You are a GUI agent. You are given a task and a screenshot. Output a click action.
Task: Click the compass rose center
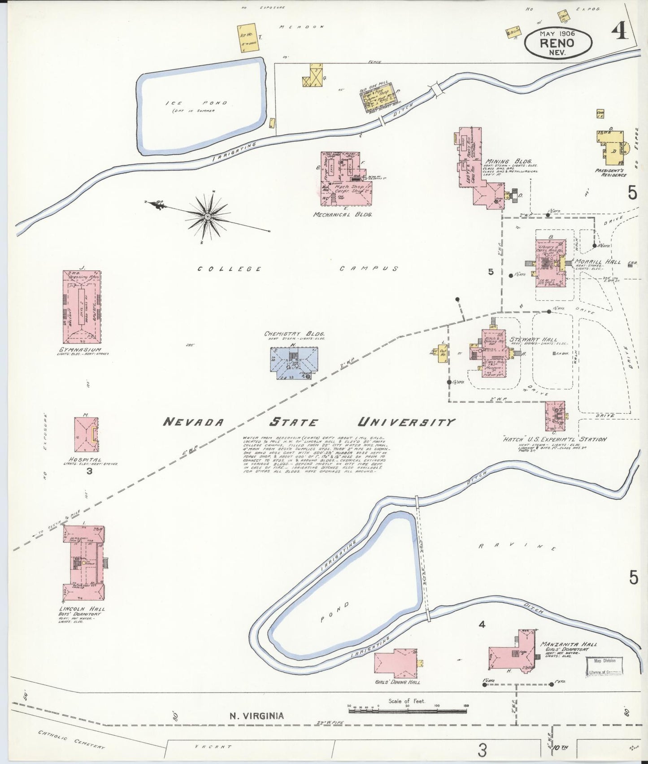click(208, 217)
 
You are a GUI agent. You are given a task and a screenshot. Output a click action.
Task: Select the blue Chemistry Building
click(294, 363)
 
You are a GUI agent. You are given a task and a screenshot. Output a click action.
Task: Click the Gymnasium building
click(82, 307)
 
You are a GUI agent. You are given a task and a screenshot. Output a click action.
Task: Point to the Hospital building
click(86, 434)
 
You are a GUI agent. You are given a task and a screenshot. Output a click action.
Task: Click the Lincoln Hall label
click(82, 608)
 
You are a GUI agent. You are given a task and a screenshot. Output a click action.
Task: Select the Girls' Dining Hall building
click(396, 663)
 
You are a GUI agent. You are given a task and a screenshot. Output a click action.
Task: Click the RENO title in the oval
click(557, 43)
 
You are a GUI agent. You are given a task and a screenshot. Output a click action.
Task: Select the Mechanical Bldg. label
click(342, 215)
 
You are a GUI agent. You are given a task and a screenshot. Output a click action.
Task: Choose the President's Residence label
click(611, 173)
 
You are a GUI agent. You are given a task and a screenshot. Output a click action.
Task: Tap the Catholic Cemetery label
click(71, 740)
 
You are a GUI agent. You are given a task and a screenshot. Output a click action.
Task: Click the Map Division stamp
click(605, 661)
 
